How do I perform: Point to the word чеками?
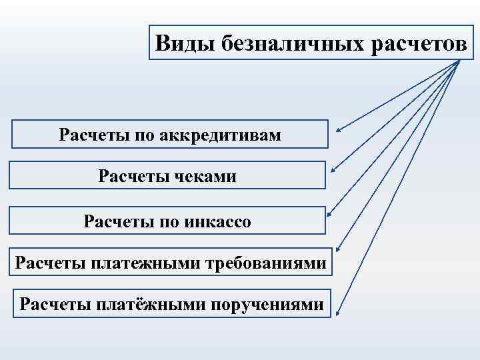(203, 177)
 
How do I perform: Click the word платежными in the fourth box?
(145, 263)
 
